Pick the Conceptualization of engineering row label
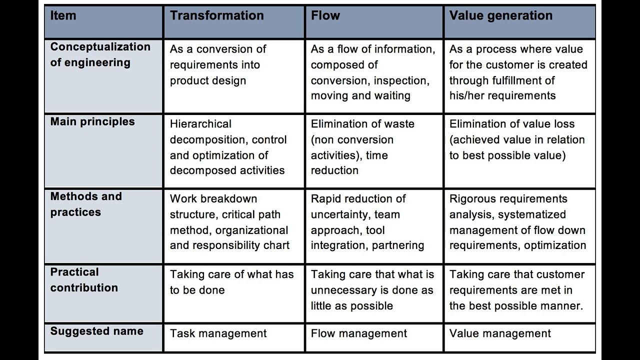(x=100, y=54)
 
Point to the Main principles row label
(x=92, y=121)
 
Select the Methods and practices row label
(x=86, y=204)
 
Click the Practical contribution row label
(x=84, y=279)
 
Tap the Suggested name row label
(x=97, y=331)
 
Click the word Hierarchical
(x=200, y=124)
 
